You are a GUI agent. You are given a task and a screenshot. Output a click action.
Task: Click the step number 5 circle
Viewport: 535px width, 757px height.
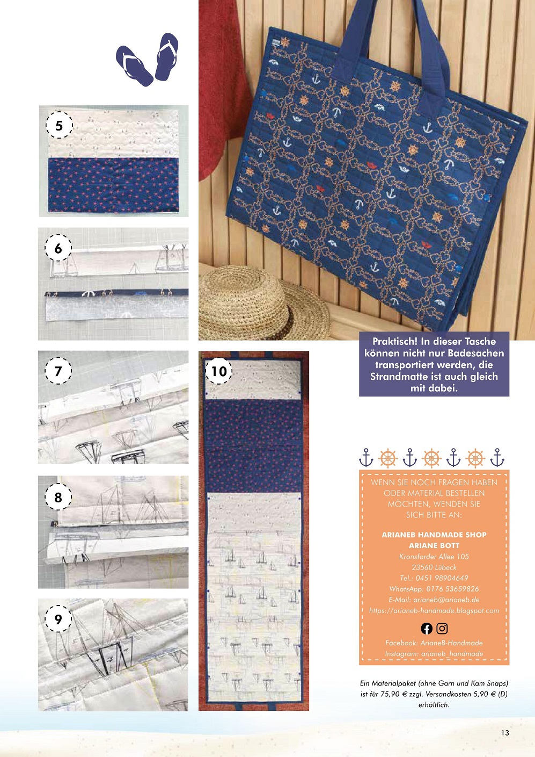coord(59,125)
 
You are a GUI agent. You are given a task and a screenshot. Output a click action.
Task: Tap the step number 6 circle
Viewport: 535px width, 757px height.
coord(58,248)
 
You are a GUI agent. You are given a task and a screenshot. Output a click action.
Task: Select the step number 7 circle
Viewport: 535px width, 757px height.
coord(58,371)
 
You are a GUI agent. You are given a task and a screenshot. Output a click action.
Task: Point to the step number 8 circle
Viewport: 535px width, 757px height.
coord(58,497)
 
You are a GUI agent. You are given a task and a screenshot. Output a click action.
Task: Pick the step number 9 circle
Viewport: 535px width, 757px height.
coord(58,619)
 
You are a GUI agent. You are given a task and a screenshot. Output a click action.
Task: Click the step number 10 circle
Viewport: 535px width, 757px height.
coord(219,371)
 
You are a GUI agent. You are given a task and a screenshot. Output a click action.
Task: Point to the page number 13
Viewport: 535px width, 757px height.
coord(505,733)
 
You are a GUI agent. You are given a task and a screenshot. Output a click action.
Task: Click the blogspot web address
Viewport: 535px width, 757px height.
coord(434,610)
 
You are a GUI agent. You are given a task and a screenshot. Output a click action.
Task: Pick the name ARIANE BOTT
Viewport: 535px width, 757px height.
coord(434,545)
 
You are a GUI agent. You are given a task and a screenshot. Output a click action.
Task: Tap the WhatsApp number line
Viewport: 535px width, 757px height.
coord(434,589)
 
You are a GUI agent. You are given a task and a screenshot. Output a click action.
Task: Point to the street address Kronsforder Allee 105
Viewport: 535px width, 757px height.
coord(434,556)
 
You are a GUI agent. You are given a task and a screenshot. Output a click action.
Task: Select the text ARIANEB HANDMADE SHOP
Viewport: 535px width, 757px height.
coord(434,535)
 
